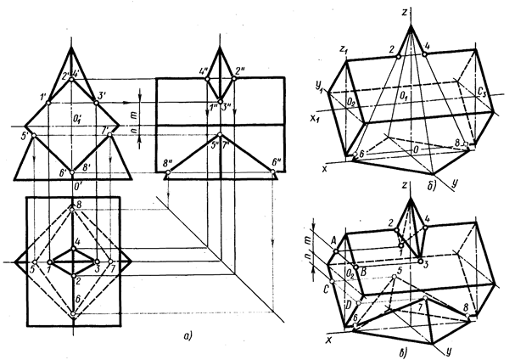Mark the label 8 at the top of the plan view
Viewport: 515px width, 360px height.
pos(78,205)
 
